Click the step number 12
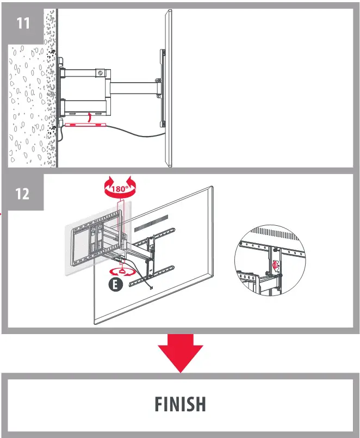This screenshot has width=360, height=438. click(23, 193)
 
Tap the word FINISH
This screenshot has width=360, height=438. click(180, 404)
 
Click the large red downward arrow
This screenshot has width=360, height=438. click(180, 351)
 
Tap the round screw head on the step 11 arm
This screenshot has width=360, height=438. click(99, 73)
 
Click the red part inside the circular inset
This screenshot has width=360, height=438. click(276, 265)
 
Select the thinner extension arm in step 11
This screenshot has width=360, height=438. click(133, 85)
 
